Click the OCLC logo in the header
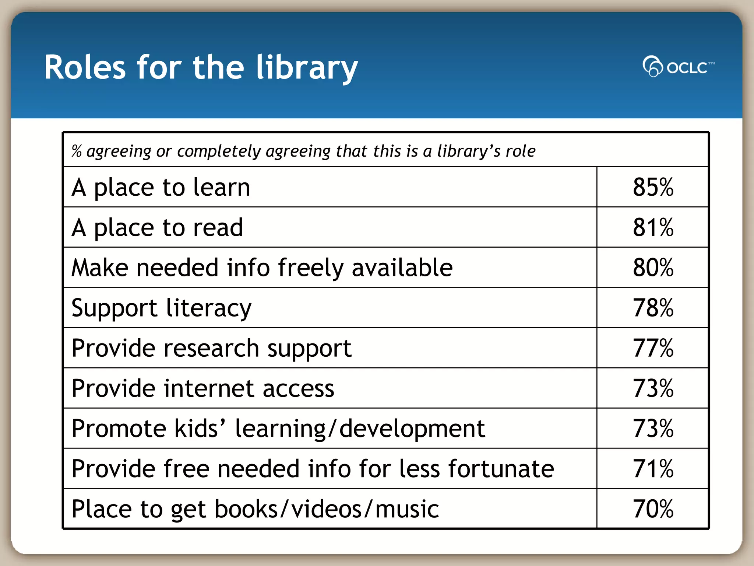678,67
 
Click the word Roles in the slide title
85,67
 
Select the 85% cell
653,187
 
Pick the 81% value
653,227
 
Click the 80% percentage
653,268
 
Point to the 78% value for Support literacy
653,308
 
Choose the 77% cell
653,348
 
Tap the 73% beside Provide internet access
653,388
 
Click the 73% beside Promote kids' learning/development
653,428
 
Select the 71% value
653,469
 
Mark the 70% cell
653,509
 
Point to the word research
211,348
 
